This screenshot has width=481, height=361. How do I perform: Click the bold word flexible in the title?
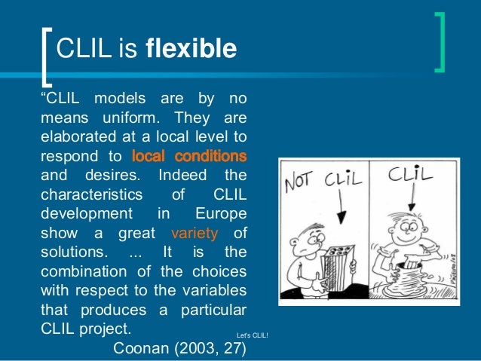[191, 49]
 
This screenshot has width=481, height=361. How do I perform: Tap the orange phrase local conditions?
[189, 158]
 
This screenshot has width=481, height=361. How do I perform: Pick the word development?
[86, 213]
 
